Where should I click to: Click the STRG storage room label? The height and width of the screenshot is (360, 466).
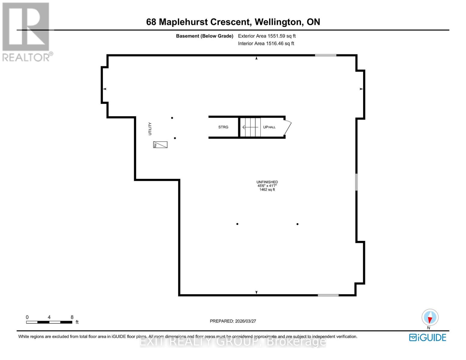223,127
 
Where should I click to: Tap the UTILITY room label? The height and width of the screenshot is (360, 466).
150,129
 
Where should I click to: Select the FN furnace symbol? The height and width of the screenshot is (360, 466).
160,145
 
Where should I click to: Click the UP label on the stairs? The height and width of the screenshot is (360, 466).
266,127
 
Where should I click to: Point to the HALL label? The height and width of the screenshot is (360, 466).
272,127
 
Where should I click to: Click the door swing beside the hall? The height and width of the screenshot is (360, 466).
288,127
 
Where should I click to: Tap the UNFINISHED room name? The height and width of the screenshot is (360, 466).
267,182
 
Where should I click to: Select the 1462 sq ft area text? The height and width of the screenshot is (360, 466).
267,190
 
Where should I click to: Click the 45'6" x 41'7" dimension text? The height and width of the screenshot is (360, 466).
267,186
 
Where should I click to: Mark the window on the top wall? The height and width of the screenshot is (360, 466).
326,55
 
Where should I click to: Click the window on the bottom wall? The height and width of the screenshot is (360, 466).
328,295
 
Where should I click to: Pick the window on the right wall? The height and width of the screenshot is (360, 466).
356,182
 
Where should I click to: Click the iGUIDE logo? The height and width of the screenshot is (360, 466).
428,337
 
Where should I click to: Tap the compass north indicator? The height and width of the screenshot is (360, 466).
430,317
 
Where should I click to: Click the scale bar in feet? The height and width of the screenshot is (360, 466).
49,322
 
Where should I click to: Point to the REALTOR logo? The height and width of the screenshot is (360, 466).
26,31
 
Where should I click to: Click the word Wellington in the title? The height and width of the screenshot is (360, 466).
278,22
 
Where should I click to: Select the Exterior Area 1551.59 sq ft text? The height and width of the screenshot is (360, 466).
267,36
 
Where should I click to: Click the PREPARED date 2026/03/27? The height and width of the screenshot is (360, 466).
233,321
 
